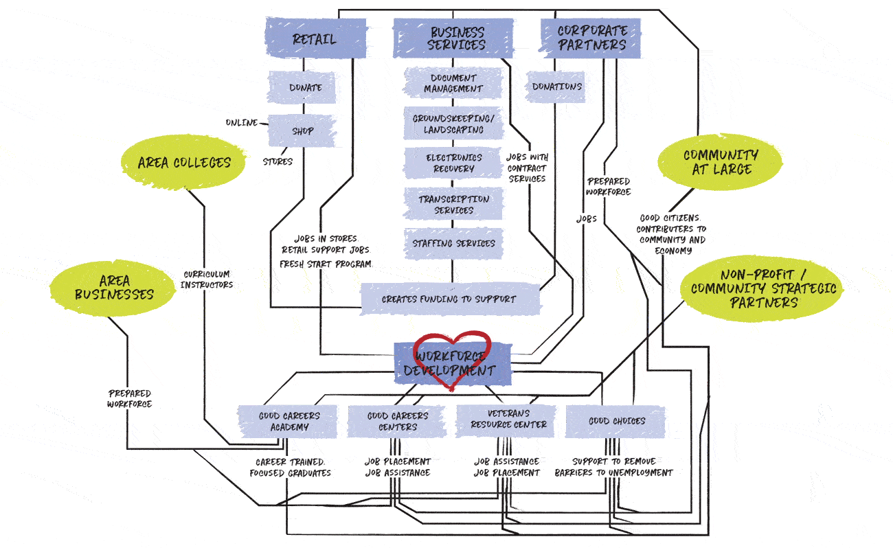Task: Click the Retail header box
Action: (314, 38)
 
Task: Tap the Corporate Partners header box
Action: (591, 38)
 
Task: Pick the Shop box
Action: (302, 131)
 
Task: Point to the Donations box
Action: (556, 87)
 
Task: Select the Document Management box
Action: (453, 83)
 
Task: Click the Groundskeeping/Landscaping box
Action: (453, 124)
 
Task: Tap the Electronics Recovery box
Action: (453, 163)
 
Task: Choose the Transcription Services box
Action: (453, 204)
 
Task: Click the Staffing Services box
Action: (453, 244)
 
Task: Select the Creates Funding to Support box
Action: (450, 299)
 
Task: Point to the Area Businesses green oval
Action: (102, 288)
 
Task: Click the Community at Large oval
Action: (720, 163)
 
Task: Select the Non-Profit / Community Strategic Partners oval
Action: (763, 289)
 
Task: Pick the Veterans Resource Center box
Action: (508, 420)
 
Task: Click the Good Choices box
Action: (615, 421)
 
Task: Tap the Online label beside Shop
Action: (241, 123)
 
